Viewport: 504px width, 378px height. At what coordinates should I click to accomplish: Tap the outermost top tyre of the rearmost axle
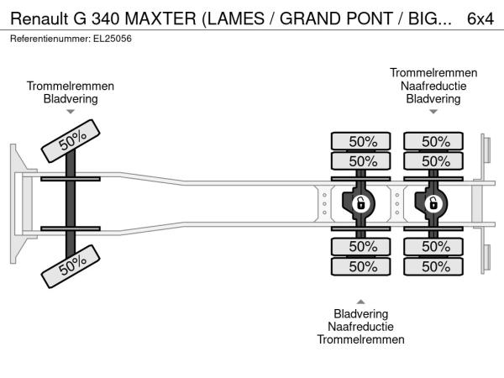point(435,141)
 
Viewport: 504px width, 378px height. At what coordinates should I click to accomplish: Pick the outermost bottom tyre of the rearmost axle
point(435,266)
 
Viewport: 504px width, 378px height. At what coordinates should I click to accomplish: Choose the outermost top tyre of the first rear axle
point(362,141)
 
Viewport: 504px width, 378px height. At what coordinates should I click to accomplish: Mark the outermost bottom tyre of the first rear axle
point(362,266)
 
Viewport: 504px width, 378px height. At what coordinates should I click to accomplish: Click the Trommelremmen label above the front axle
point(71,86)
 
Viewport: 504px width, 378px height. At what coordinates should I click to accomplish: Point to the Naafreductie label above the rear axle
point(433,86)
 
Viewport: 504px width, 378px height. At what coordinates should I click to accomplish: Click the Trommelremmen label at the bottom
point(360,339)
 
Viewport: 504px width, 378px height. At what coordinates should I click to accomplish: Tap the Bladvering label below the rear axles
point(360,313)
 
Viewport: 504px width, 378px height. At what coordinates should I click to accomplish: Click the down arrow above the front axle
point(71,112)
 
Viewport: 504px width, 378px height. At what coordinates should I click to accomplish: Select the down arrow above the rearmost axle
point(433,112)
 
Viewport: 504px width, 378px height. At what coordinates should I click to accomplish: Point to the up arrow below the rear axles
point(360,301)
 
